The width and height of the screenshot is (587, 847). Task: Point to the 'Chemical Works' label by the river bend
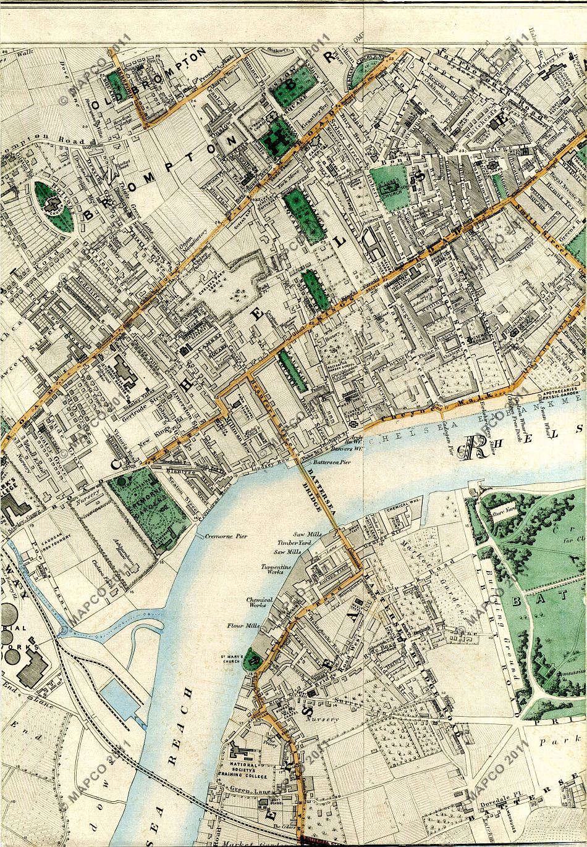click(260, 603)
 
